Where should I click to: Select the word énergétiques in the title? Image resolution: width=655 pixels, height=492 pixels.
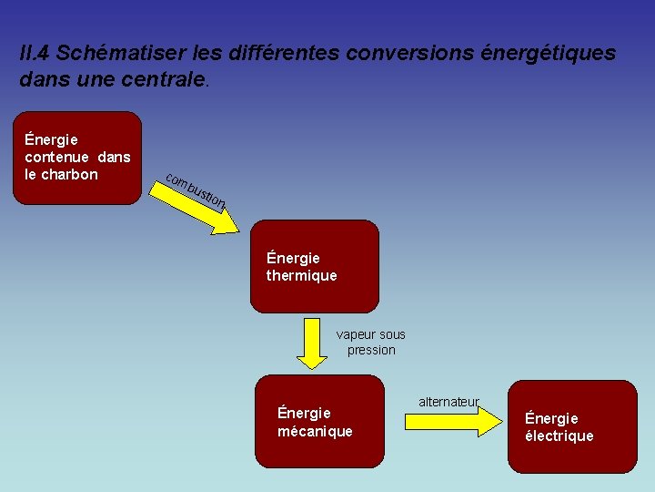pos(549,54)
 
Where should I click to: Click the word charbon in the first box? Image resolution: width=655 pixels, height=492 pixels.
pos(68,174)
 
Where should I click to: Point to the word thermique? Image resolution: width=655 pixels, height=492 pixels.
pos(301,275)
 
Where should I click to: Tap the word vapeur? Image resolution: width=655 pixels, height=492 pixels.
pos(355,334)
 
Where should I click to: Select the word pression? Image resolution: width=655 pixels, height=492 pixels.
pos(371,350)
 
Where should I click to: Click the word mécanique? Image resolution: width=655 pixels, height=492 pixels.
pos(315,431)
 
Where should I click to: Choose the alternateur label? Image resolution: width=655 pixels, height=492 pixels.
pos(448,402)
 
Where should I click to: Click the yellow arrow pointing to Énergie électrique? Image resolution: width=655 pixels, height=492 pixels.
pos(476,420)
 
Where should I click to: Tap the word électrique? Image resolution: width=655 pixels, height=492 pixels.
pos(559,436)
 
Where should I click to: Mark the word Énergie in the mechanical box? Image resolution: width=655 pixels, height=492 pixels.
pos(304,413)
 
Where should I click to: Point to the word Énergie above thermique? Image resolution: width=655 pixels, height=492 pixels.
pos(293,258)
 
